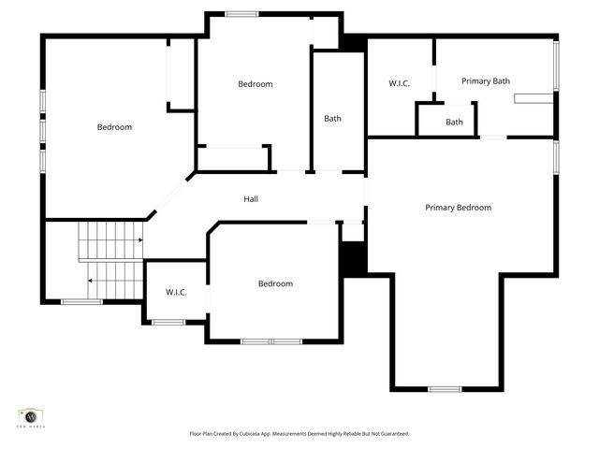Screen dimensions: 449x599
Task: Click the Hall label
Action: point(251,199)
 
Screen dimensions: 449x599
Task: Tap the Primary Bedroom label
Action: point(458,208)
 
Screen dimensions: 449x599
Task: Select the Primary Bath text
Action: point(486,81)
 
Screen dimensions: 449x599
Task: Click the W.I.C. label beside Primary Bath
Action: point(400,84)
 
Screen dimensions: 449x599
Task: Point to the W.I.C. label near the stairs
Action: point(176,293)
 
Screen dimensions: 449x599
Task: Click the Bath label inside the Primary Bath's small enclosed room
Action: point(454,123)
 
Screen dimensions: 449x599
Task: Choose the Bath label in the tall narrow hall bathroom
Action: point(333,119)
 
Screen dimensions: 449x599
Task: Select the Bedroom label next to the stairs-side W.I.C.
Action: point(275,284)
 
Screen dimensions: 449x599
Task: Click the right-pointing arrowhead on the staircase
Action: point(139,241)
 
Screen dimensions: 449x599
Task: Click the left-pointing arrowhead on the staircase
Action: point(91,280)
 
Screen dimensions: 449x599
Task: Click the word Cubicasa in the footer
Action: point(255,434)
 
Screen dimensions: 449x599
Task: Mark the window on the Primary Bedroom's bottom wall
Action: point(445,388)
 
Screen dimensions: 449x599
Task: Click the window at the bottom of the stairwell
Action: point(81,301)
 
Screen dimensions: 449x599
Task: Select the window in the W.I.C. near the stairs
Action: point(168,323)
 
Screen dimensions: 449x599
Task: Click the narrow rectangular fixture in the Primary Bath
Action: point(537,95)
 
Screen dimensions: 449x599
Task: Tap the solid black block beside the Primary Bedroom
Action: point(353,258)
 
